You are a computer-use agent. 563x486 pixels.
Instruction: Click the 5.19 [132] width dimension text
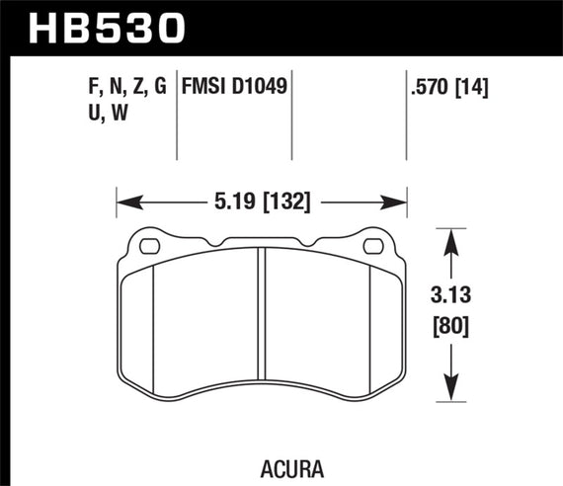point(263,204)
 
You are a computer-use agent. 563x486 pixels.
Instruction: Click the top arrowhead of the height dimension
point(451,238)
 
